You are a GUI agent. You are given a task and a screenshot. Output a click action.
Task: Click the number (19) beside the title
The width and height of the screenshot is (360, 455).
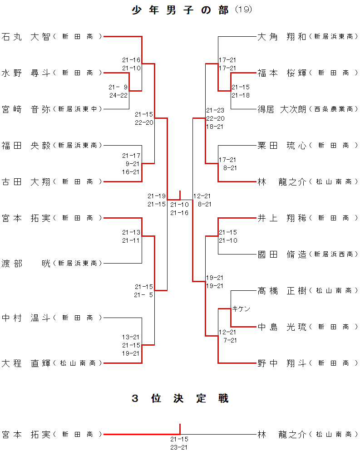[x=243, y=10]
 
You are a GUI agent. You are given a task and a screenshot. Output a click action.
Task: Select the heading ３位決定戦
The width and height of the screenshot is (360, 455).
[x=180, y=398]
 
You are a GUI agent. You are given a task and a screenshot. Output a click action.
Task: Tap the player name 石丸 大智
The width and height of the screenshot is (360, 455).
[x=26, y=36]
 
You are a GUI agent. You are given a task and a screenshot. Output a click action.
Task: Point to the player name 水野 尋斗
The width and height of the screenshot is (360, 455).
[x=26, y=73]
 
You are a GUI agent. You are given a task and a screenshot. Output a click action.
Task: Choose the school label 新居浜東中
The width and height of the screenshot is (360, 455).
[x=77, y=109]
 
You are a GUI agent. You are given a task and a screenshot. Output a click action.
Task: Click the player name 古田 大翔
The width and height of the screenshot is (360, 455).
[x=26, y=181]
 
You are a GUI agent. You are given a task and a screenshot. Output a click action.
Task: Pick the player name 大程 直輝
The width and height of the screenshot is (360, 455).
[x=26, y=363]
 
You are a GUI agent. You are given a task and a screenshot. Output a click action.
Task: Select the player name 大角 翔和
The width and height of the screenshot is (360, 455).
[x=282, y=36]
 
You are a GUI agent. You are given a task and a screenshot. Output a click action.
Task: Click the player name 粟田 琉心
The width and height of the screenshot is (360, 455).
[x=282, y=145]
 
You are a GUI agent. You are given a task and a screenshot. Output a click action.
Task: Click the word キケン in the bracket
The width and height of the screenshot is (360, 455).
[x=241, y=308]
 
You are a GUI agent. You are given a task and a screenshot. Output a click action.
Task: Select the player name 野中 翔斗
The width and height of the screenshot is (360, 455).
[x=282, y=363]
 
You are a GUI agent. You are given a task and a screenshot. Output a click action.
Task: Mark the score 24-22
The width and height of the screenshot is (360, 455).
[x=118, y=95]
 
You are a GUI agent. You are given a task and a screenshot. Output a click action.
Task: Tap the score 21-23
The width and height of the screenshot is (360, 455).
[x=215, y=110]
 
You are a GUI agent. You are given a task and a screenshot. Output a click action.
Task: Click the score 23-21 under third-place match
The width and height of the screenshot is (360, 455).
[x=179, y=447]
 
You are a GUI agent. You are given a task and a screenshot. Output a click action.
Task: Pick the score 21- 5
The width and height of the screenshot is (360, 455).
[x=143, y=295]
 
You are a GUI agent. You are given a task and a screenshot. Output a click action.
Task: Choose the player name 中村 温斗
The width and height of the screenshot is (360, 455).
[x=26, y=318]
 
